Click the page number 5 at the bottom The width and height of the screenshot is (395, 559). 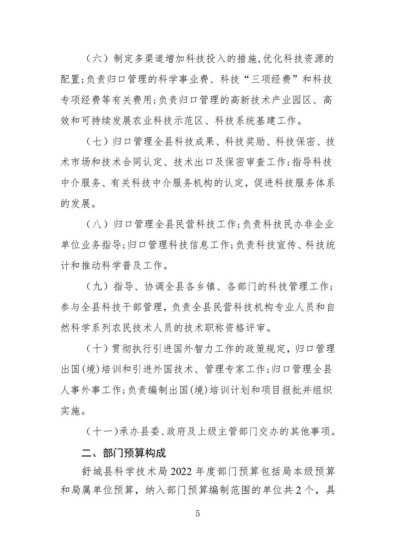coord(198,515)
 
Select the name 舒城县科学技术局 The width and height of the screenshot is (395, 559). coord(126,471)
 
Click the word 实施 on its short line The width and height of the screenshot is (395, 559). coord(70,412)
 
